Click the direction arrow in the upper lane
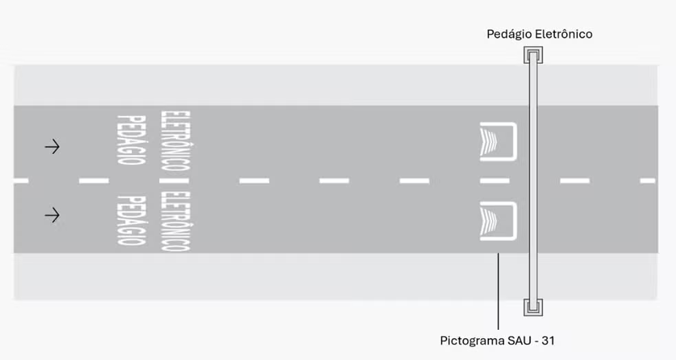pos(52,147)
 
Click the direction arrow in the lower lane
pos(52,215)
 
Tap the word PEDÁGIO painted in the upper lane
pos(131,139)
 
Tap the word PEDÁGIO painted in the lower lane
pos(131,221)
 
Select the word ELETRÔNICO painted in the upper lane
pos(175,141)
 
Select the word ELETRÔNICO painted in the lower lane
pos(175,221)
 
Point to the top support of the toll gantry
pos(533,55)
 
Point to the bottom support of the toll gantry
pos(533,307)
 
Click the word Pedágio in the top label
pos(510,34)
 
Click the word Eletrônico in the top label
pos(564,34)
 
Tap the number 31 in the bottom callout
pos(548,341)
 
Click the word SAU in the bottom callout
pos(515,341)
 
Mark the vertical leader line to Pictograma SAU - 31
pos(498,291)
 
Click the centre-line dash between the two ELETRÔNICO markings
pos(174,181)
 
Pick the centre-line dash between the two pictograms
pos(495,181)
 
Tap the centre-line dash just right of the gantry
pos(575,181)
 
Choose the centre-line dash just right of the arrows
pos(94,181)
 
